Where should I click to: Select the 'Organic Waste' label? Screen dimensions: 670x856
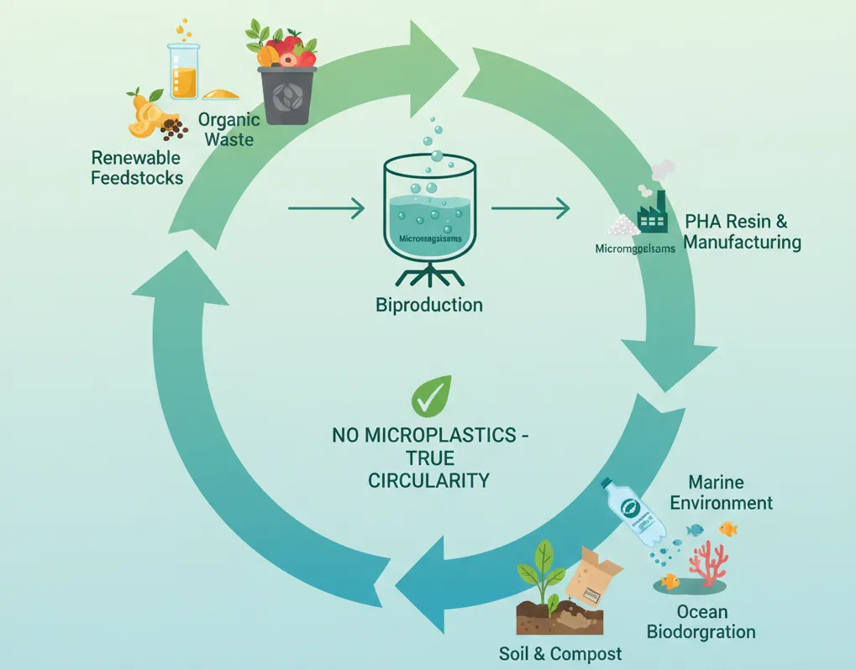point(228,129)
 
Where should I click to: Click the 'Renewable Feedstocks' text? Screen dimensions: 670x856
point(136,167)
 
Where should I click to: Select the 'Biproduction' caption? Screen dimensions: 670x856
point(428,304)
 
